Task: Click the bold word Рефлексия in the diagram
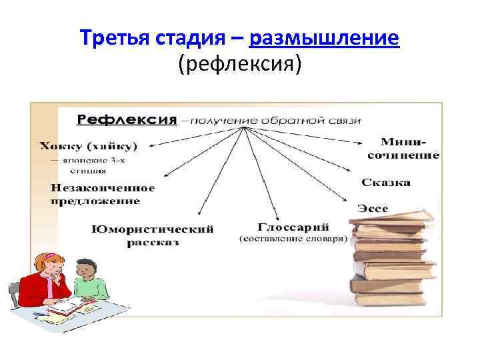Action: pos(127,121)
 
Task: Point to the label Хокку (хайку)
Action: pos(88,145)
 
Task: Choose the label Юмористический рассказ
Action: pos(153,235)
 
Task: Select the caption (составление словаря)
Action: pos(293,238)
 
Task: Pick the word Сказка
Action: pos(386,182)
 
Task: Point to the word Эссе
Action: pos(373,207)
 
